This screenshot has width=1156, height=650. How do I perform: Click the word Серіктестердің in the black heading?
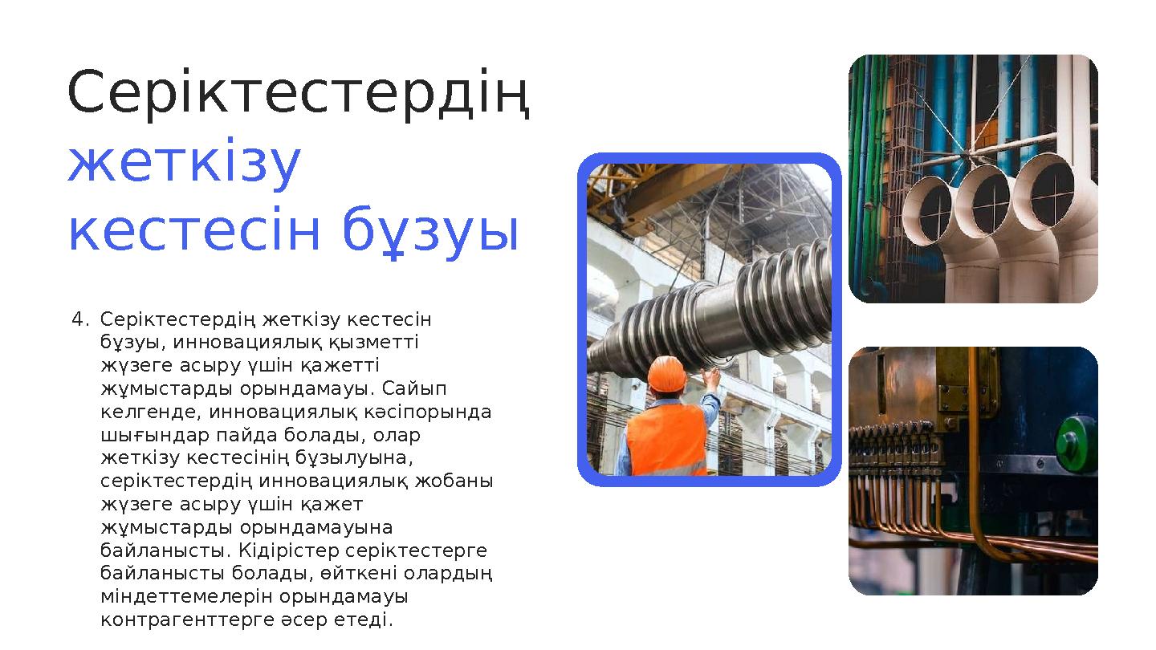point(299,93)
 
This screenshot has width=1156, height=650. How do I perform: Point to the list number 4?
point(77,320)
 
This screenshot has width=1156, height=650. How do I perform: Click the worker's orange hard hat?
point(666,373)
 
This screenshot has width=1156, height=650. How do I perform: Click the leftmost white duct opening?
point(934,210)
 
